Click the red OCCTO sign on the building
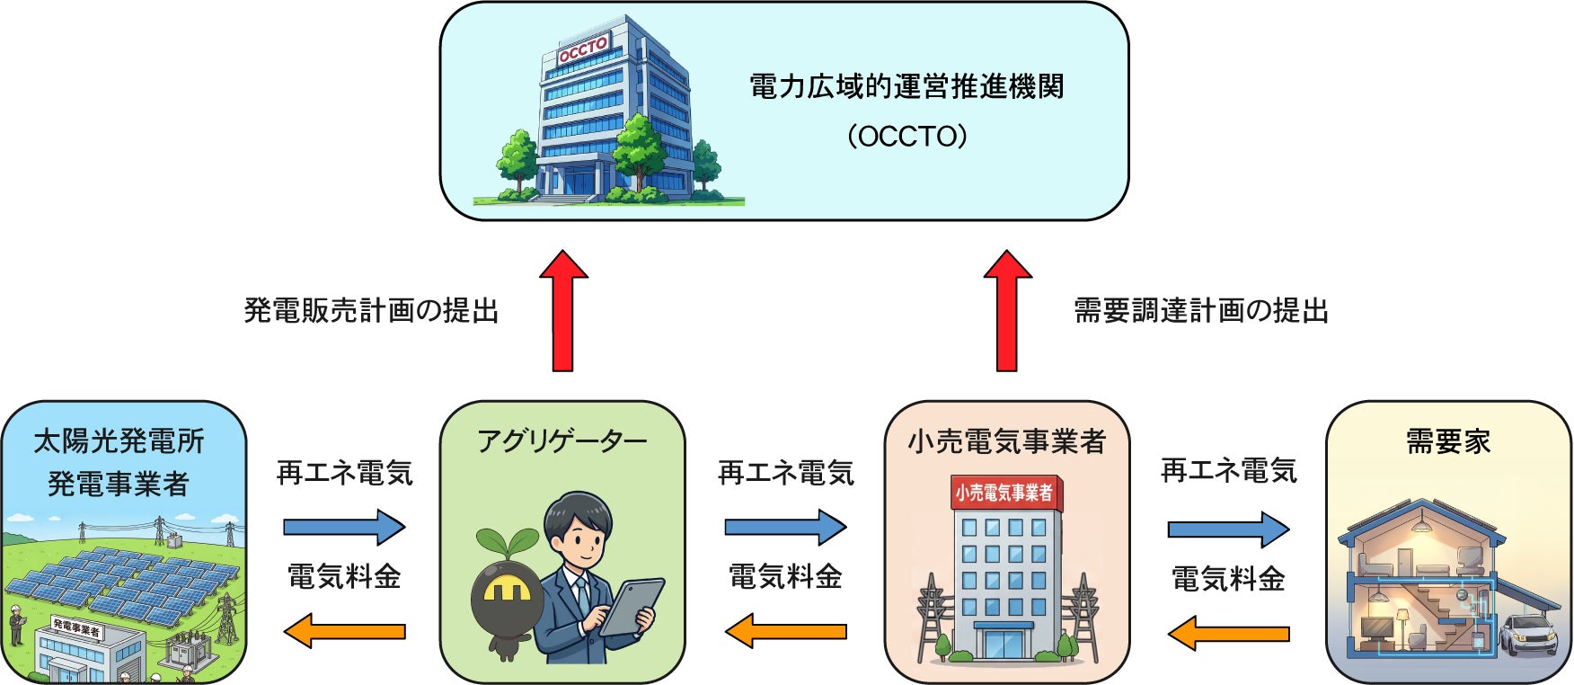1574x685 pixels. pos(583,49)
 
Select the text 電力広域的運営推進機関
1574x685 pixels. pos(906,87)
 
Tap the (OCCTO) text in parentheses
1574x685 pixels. pos(906,137)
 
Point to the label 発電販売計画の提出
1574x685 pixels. pos(371,311)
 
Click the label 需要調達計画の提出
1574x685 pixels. pos(1201,311)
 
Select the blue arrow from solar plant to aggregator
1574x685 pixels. pos(344,527)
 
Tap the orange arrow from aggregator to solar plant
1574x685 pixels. pos(344,631)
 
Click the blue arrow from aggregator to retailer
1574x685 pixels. pos(785,527)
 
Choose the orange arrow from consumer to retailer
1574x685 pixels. pos(1228,633)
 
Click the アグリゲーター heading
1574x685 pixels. pos(562,441)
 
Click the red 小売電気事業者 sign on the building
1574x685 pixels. pos(1004,493)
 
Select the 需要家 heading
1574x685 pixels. pos(1447,441)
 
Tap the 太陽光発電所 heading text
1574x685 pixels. pos(119,441)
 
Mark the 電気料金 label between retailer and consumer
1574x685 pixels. pos(1228,579)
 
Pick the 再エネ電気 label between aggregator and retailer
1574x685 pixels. pos(785,473)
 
